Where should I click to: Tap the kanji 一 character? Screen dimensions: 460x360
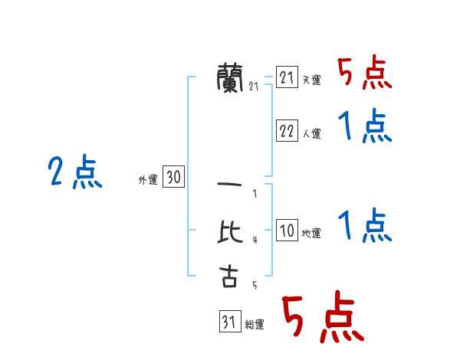[229, 185]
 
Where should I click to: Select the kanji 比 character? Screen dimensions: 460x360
[229, 231]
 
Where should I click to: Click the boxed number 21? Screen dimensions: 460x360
[287, 77]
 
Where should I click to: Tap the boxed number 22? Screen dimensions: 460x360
[287, 131]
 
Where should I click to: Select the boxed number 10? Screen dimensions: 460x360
[287, 231]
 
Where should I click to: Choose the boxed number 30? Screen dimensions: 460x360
[173, 178]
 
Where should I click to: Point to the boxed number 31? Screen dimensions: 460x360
[229, 322]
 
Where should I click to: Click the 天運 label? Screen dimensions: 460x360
[311, 80]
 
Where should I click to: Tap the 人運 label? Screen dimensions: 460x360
[311, 133]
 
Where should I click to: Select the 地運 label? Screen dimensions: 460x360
[311, 233]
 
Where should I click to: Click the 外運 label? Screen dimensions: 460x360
[148, 180]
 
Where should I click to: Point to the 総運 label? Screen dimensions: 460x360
[255, 324]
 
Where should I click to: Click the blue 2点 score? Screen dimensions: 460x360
[74, 172]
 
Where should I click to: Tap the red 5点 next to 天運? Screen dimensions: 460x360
[365, 74]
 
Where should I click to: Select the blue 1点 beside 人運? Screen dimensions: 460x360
[365, 126]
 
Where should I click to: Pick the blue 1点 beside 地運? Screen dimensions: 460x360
[365, 226]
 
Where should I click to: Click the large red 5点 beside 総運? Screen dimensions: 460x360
[322, 318]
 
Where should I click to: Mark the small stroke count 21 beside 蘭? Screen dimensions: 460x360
[255, 87]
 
